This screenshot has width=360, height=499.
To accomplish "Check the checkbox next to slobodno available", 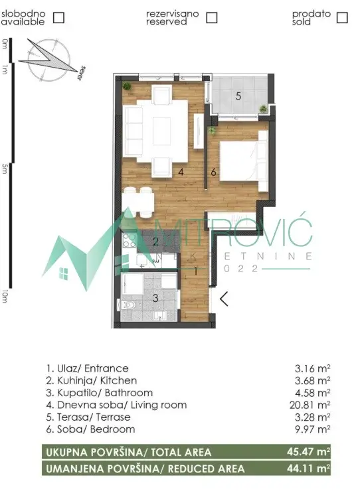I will tap(58, 18).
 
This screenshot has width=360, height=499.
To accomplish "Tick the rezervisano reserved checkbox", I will tap(211, 18).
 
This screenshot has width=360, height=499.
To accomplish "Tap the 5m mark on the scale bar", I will tap(5, 170).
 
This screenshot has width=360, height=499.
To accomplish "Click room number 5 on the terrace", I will tap(237, 96).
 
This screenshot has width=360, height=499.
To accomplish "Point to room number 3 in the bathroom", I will tap(155, 298).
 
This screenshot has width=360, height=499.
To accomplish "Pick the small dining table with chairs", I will tap(139, 200).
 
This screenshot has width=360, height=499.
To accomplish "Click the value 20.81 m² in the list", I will tap(314, 405).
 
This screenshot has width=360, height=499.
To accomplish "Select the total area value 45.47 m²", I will tap(313, 453).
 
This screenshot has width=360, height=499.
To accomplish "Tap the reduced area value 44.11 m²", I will tap(313, 468).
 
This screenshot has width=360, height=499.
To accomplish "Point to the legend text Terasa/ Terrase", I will tap(88, 417).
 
